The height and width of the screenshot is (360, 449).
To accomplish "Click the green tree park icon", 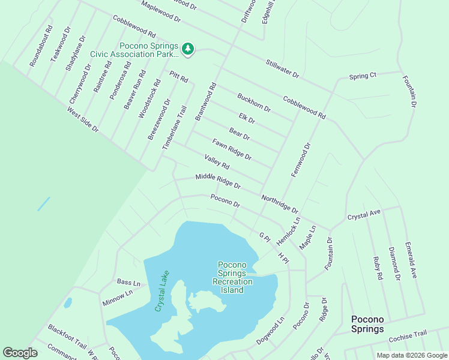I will click(x=188, y=49).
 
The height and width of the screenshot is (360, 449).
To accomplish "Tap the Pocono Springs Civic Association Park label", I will click(x=134, y=50).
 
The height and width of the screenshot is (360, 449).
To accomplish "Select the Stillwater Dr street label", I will click(x=283, y=68).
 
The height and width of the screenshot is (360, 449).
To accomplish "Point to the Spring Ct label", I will click(x=363, y=76).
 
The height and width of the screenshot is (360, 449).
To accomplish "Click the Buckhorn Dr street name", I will click(x=254, y=103).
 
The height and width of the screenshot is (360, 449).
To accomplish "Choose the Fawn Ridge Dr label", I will click(x=232, y=149).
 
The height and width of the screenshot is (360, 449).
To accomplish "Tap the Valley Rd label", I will click(x=217, y=161).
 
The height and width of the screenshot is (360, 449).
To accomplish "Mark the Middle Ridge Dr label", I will click(x=218, y=181).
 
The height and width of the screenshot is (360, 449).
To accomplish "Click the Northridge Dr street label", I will click(x=280, y=204).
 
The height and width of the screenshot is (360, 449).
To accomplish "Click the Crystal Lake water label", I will click(x=162, y=291).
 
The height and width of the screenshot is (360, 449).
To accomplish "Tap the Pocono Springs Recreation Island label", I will click(x=232, y=277).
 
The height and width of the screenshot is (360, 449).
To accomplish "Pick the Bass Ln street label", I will click(x=128, y=282).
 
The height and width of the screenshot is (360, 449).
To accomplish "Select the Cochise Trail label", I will click(x=408, y=337).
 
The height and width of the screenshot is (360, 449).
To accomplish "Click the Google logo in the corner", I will click(x=20, y=353).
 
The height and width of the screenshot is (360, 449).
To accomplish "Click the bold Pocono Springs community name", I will click(x=367, y=324).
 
